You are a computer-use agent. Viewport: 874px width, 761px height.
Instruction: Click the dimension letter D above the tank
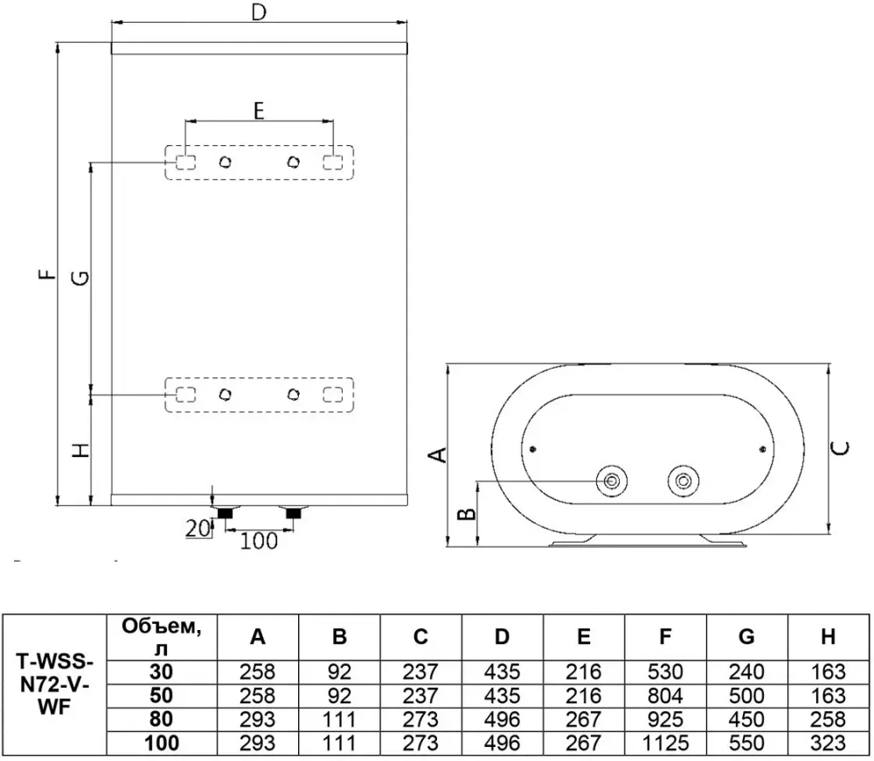pyautogui.click(x=259, y=11)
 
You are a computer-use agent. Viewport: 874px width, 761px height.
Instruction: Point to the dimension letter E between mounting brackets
pyautogui.click(x=259, y=111)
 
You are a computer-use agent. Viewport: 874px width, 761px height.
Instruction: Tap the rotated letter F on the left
pyautogui.click(x=49, y=273)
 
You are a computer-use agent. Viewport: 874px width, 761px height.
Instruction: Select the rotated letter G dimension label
pyautogui.click(x=81, y=278)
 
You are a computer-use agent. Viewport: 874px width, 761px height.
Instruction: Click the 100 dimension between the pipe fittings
pyautogui.click(x=259, y=541)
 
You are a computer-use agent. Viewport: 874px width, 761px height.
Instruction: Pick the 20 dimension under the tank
pyautogui.click(x=198, y=528)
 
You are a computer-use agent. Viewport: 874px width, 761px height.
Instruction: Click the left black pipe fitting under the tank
pyautogui.click(x=225, y=513)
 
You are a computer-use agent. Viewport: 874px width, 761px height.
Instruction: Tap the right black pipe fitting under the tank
pyautogui.click(x=293, y=513)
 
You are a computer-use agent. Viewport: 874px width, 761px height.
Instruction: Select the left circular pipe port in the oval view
pyautogui.click(x=612, y=481)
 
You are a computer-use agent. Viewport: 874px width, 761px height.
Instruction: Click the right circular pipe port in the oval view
pyautogui.click(x=683, y=481)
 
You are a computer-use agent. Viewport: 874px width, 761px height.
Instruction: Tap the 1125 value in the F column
pyautogui.click(x=665, y=744)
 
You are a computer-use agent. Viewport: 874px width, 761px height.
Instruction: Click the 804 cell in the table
pyautogui.click(x=665, y=695)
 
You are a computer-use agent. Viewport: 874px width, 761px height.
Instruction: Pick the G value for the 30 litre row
pyautogui.click(x=746, y=672)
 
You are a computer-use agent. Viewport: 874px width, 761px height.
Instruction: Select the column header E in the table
pyautogui.click(x=584, y=636)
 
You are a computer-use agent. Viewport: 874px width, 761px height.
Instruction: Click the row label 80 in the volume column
pyautogui.click(x=161, y=719)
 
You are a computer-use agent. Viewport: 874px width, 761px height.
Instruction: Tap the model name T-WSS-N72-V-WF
pyautogui.click(x=54, y=684)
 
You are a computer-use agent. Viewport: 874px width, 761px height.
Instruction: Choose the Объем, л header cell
pyautogui.click(x=161, y=637)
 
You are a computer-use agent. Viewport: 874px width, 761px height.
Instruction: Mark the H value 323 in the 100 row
pyautogui.click(x=829, y=744)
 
